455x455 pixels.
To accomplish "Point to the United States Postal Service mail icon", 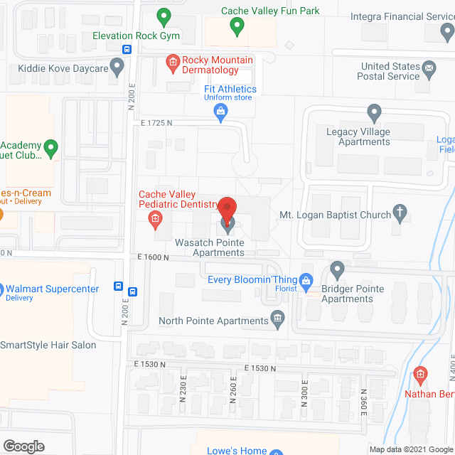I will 429,70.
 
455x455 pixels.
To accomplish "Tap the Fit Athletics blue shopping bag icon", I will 222,111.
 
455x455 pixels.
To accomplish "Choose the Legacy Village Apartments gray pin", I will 374,113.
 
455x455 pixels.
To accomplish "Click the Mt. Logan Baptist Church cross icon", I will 401,213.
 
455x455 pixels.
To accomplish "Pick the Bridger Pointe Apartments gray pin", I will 338,270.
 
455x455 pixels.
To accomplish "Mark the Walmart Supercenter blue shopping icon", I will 2,289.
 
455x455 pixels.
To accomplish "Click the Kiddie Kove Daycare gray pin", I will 118,68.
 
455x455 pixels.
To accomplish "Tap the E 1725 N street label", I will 156,123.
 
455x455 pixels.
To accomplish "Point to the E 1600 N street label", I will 151,257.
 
